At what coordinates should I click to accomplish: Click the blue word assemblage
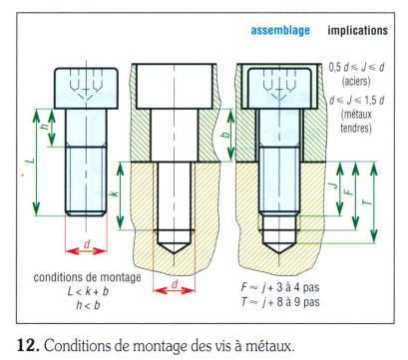click(x=280, y=31)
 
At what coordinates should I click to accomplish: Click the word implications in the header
click(x=358, y=31)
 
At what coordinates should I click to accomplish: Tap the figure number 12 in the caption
click(x=28, y=346)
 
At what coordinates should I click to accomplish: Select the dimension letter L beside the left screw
click(x=30, y=161)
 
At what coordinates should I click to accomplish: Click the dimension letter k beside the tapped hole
click(x=114, y=192)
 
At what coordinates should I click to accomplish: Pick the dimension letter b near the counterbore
click(x=225, y=135)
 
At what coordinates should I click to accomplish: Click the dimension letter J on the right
click(x=333, y=184)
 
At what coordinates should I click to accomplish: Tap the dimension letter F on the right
click(x=348, y=192)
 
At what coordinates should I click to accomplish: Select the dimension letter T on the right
click(x=366, y=201)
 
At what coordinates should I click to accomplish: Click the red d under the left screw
click(x=87, y=244)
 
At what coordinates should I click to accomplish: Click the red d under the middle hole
click(x=175, y=284)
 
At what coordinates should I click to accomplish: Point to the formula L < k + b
click(x=88, y=291)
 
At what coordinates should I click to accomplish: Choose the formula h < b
click(x=88, y=305)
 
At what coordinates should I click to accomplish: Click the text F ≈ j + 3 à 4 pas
click(x=280, y=287)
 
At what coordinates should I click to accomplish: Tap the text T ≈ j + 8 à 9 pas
click(x=280, y=302)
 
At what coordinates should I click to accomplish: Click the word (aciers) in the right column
click(x=356, y=81)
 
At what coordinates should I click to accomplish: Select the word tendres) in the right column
click(x=356, y=128)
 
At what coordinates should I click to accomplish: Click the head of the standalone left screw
click(x=86, y=88)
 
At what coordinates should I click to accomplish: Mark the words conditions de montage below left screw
click(x=87, y=277)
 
